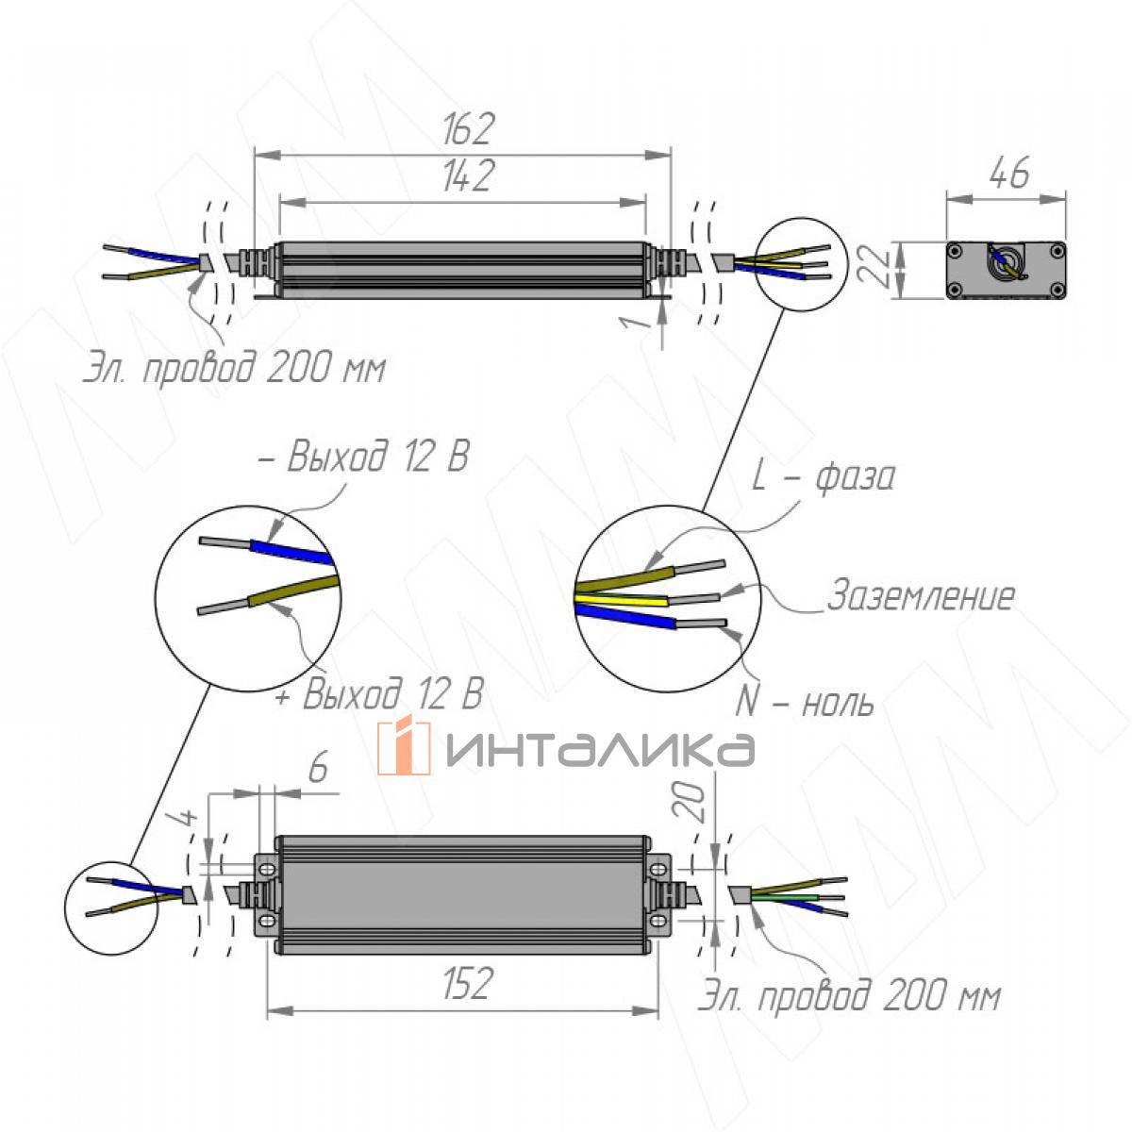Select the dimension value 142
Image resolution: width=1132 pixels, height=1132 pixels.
tap(465, 176)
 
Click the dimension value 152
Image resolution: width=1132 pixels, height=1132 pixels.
tap(465, 983)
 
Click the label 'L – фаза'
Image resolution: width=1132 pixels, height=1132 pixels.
tap(823, 477)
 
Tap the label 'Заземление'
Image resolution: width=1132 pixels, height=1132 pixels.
tap(920, 596)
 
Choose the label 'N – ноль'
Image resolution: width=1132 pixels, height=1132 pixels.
tap(805, 703)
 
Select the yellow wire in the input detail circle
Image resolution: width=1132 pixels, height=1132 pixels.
tap(623, 600)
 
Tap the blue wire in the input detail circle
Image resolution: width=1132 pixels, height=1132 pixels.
tap(626, 618)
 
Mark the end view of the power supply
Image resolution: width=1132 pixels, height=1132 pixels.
tap(1007, 271)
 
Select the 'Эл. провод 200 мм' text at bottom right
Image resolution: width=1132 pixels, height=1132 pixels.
tap(849, 997)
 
